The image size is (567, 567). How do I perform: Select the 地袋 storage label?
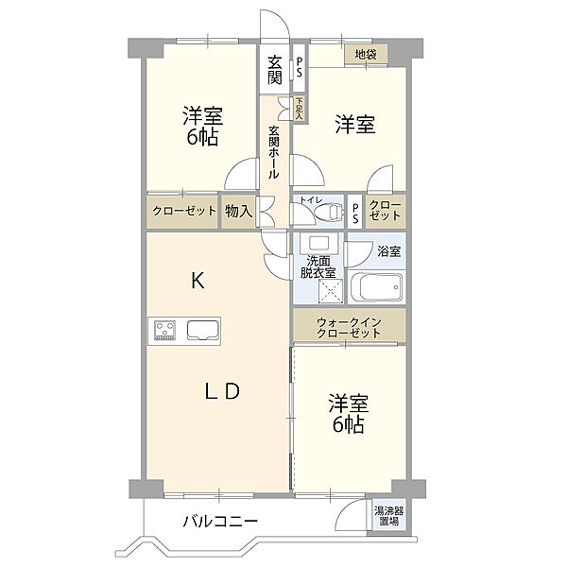tap(366, 55)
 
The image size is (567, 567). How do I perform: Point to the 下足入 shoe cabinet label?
tap(299, 107)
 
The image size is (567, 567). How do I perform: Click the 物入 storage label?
tap(237, 212)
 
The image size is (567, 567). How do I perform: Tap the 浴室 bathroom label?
tap(388, 252)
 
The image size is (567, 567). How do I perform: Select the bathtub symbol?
tap(376, 286)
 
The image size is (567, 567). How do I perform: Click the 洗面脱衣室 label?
tap(318, 266)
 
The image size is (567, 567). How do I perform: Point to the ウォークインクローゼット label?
tap(349, 327)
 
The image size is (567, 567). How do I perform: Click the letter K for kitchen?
tap(198, 280)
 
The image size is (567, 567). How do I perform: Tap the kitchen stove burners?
tap(165, 330)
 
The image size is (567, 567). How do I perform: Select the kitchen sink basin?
tap(203, 330)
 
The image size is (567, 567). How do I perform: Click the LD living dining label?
tap(227, 389)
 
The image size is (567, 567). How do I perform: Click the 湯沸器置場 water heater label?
tap(387, 515)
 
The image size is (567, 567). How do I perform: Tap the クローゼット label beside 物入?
tap(182, 212)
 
